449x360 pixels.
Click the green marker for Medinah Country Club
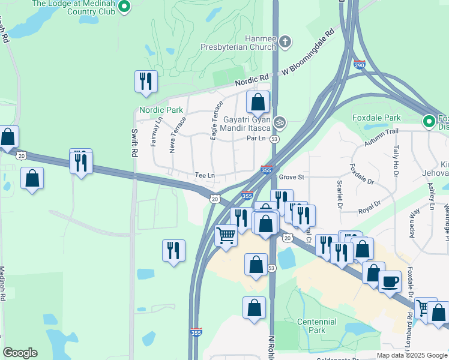pos(125,7)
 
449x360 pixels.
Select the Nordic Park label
pos(161,110)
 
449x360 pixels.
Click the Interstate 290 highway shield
pos(360,64)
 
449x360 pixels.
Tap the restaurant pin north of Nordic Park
pos(146,82)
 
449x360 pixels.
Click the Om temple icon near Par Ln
pos(279,122)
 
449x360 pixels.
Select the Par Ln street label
pos(256,138)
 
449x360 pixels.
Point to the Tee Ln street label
pos(205,175)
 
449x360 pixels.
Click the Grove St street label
pos(293,177)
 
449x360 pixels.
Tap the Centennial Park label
pos(317,326)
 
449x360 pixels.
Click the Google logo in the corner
pos(20,353)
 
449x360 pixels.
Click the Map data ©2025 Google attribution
pos(412,355)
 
